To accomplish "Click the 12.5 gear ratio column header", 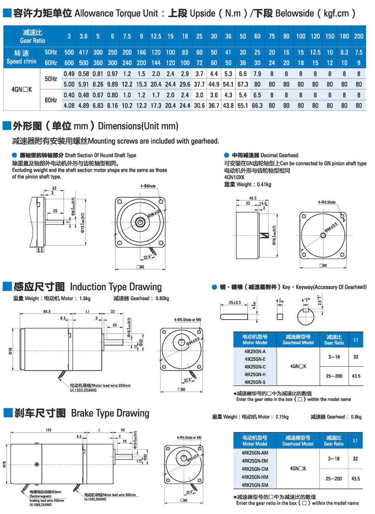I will [x=156, y=36].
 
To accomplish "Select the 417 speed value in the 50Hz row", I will [x=84, y=52].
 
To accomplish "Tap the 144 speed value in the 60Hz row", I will [x=156, y=63].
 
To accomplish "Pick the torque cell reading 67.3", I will [x=243, y=84].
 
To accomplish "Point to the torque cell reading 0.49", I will [x=69, y=74].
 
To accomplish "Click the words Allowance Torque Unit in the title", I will [x=116, y=13].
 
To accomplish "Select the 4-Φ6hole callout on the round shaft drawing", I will [x=148, y=186].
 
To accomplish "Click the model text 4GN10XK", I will [x=234, y=177].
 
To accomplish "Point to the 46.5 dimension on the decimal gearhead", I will [x=253, y=198].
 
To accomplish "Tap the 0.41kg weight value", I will [x=264, y=184].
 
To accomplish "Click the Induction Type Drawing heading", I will [x=116, y=287].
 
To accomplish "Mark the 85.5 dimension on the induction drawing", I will [x=47, y=311].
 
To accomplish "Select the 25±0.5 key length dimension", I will [x=235, y=303].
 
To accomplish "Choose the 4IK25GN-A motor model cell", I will [x=255, y=351].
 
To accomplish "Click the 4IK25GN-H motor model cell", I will [x=255, y=374].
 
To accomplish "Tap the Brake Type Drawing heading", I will [x=110, y=413].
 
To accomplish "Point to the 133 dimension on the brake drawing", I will [x=48, y=430].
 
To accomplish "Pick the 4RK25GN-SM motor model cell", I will [x=255, y=485].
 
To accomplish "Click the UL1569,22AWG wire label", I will [x=41, y=505].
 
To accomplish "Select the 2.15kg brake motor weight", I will [x=282, y=417].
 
